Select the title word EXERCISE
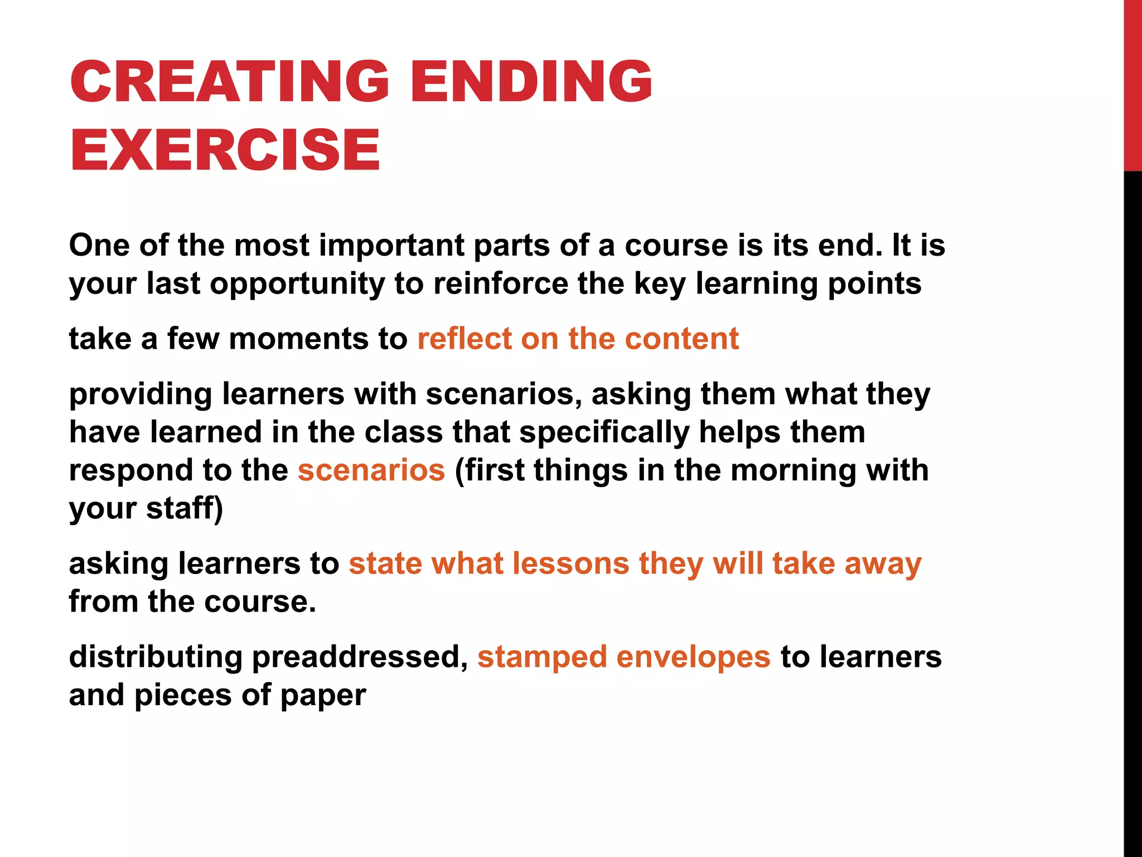click(x=225, y=150)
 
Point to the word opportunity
click(x=297, y=285)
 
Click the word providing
click(x=141, y=394)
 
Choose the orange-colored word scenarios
click(x=371, y=470)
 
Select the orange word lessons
click(x=570, y=564)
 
